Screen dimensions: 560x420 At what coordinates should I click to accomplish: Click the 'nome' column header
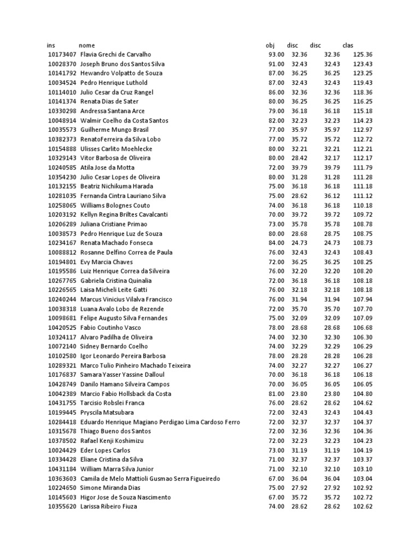click(86, 45)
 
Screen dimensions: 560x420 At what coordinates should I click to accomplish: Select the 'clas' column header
click(348, 45)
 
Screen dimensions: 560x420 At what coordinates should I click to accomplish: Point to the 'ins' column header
click(51, 45)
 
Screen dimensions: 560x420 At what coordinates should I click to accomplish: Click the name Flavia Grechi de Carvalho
click(115, 55)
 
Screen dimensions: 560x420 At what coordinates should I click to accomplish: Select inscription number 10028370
click(62, 64)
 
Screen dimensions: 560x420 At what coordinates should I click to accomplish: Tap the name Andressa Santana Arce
click(113, 111)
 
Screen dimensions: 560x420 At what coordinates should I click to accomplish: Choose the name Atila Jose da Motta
click(107, 168)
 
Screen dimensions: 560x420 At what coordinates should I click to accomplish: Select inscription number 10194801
click(62, 262)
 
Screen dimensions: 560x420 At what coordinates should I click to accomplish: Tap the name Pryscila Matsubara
click(107, 413)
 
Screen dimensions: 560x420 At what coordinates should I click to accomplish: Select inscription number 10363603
click(62, 479)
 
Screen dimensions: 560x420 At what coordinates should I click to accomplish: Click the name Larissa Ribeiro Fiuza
click(109, 507)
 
